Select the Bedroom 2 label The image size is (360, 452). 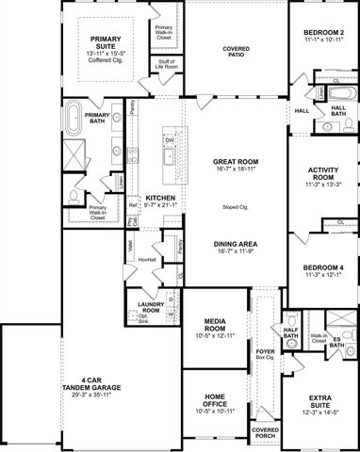click(322, 33)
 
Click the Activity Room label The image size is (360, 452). click(322, 172)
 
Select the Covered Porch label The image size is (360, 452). click(266, 433)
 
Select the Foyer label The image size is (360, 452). click(266, 351)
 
